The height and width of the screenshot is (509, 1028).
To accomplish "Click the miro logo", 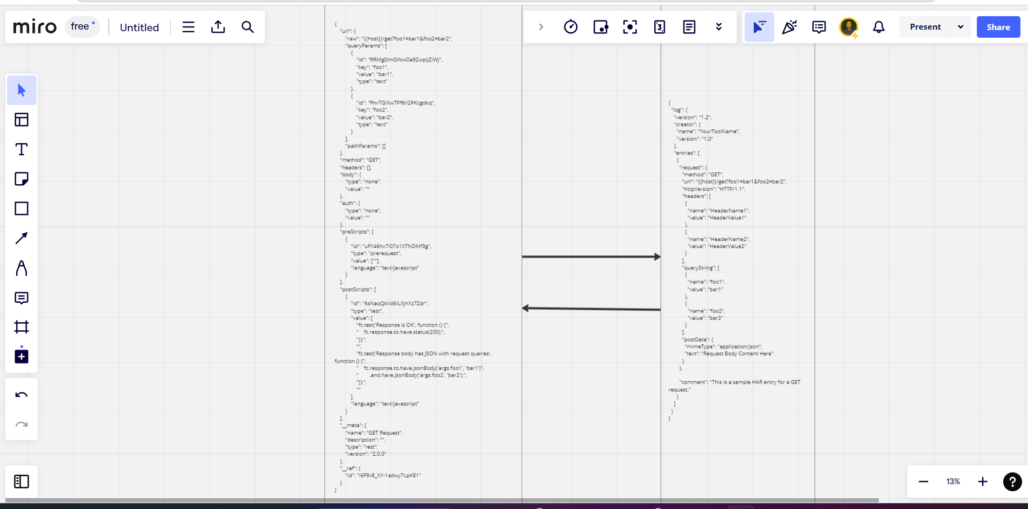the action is [34, 27].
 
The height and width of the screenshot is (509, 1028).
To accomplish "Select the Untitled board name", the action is [139, 27].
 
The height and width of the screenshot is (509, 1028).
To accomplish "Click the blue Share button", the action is [998, 27].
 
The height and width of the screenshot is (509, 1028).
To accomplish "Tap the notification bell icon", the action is [878, 27].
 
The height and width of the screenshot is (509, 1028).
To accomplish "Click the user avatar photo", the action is [849, 26].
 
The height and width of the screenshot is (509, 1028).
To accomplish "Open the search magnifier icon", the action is [247, 27].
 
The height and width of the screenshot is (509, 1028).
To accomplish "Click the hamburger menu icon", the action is [188, 27].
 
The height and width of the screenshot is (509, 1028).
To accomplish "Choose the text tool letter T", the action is [22, 149].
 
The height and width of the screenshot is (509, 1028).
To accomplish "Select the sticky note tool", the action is [22, 179].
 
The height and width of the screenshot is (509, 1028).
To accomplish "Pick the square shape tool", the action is [22, 208].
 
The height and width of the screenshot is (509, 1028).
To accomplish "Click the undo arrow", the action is [22, 395].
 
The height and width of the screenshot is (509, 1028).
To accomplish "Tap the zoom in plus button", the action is [982, 482].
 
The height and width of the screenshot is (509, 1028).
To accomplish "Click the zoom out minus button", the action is [924, 482].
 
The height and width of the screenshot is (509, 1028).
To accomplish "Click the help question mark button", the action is [1012, 482].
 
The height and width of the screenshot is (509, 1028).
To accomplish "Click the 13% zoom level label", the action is [953, 482].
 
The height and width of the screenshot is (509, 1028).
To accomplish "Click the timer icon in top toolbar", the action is [571, 27].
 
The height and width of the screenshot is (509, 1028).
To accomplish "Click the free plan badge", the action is [82, 26].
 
